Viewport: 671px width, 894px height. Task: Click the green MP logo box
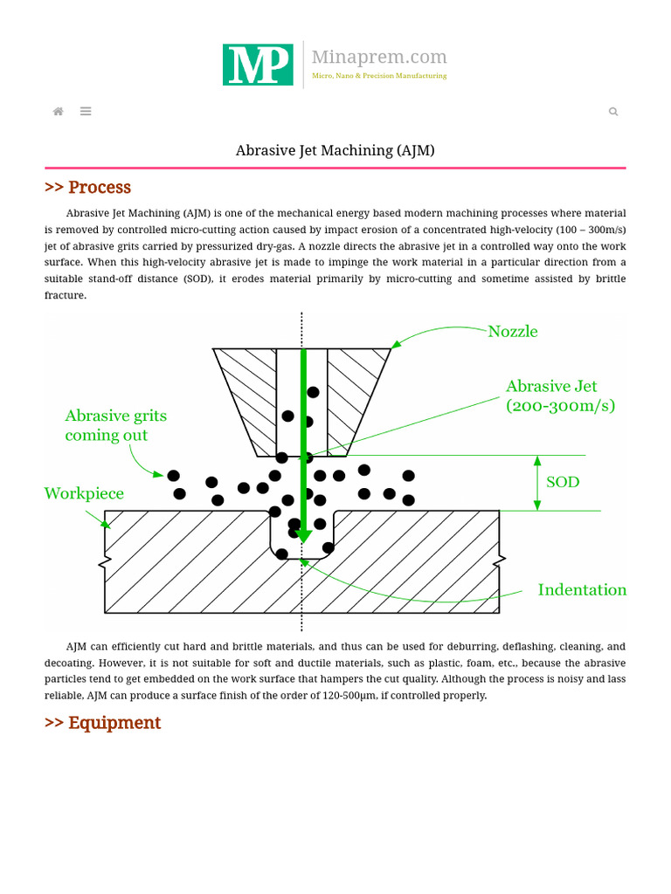click(258, 65)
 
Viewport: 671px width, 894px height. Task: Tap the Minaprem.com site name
click(379, 58)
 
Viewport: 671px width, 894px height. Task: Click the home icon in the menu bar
click(59, 112)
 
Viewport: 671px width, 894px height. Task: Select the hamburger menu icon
click(86, 112)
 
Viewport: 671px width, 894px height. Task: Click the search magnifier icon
click(613, 112)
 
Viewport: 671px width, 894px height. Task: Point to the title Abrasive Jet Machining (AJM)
click(335, 150)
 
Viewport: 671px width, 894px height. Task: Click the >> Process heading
click(87, 188)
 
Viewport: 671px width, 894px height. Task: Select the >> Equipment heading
click(102, 723)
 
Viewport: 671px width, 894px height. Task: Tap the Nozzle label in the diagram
click(512, 332)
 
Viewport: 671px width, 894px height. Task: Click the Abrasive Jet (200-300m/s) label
click(560, 395)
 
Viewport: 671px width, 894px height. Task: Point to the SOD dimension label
click(563, 482)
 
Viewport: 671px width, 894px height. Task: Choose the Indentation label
click(582, 590)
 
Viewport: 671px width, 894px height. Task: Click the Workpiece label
click(84, 494)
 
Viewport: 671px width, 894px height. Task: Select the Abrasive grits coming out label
click(115, 425)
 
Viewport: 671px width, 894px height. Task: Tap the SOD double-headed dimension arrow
click(537, 483)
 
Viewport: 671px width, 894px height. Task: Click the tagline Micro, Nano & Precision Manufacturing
click(379, 76)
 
